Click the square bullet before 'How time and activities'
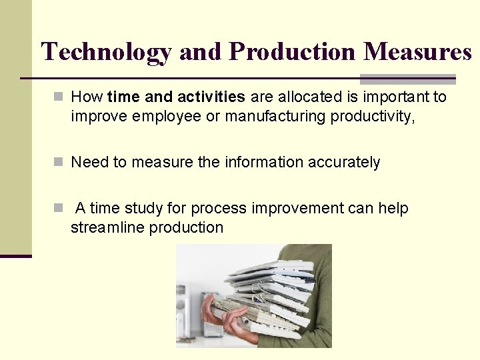(59, 97)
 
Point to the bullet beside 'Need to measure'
(59, 163)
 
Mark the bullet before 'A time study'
(59, 209)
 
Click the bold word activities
(213, 97)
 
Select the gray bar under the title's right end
(408, 78)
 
